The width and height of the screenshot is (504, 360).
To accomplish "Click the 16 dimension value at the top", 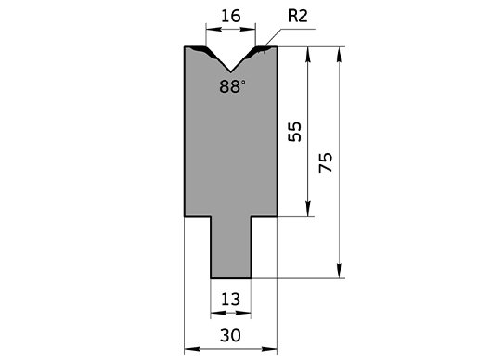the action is [x=230, y=16].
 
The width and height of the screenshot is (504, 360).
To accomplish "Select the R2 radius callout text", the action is [x=297, y=16].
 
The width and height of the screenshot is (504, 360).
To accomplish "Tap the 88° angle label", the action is [x=232, y=87].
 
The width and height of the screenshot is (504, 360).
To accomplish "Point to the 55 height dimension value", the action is [x=295, y=132].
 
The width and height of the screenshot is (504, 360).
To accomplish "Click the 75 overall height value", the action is [x=326, y=162].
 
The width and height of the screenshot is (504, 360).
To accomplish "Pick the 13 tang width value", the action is [x=230, y=300].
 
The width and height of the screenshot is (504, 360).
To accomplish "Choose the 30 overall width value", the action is [x=230, y=336].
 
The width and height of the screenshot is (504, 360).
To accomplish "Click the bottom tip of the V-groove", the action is [x=230, y=71].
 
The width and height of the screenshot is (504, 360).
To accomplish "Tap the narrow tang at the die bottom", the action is [x=231, y=248].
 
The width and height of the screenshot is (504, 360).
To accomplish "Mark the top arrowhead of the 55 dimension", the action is [x=308, y=54].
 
